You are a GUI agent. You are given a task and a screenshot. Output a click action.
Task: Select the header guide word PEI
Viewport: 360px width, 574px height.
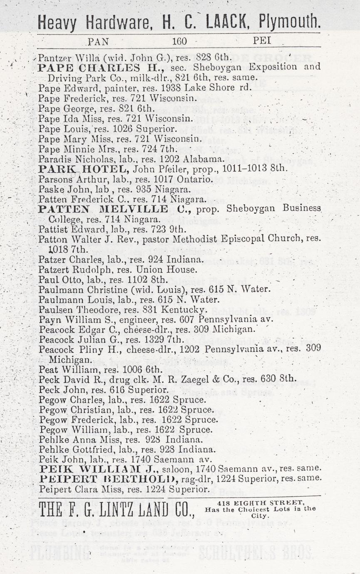(262, 41)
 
